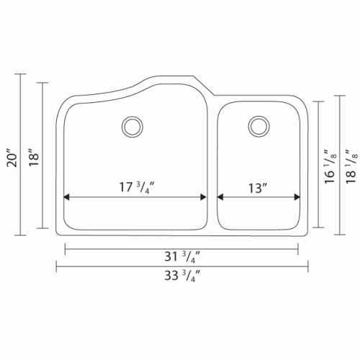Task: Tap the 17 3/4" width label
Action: [136, 188]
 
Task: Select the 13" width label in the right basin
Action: [258, 188]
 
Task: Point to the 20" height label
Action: [12, 158]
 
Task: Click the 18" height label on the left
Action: [34, 158]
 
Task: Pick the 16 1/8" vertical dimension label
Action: [330, 166]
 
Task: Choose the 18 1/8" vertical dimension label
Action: [351, 166]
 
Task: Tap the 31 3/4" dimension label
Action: [182, 257]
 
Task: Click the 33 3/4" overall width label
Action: [182, 275]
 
